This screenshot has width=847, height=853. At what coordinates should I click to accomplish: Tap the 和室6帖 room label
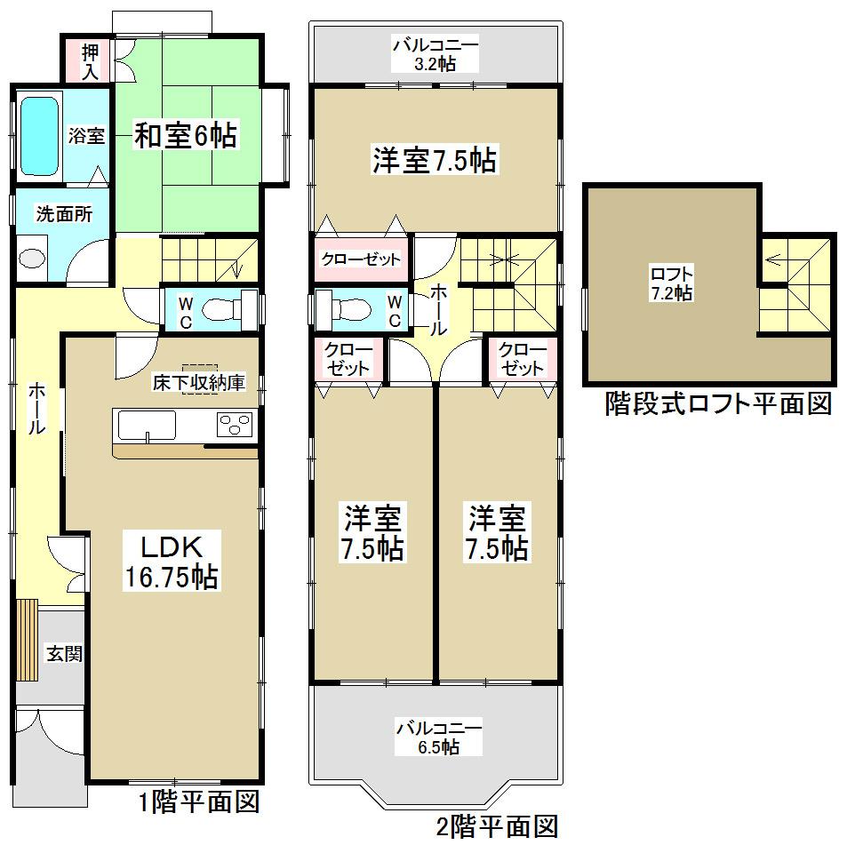click(x=185, y=136)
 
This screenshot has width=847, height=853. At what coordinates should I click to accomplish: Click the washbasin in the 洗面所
click(x=32, y=259)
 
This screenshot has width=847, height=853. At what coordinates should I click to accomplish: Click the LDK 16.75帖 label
click(x=170, y=561)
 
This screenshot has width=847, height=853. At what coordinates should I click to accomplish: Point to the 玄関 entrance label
click(x=64, y=655)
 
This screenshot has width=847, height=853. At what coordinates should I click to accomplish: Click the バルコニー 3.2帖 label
click(x=436, y=53)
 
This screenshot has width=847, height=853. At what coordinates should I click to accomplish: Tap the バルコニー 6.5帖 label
click(x=439, y=737)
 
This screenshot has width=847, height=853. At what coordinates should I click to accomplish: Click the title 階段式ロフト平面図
click(x=718, y=405)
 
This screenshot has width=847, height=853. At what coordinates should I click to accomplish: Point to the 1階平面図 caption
click(x=198, y=803)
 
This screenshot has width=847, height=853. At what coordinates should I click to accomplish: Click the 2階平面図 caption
click(x=497, y=828)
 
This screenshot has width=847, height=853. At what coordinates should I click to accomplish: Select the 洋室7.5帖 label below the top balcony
click(x=435, y=161)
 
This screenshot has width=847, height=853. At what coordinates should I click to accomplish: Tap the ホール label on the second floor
click(x=438, y=310)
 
